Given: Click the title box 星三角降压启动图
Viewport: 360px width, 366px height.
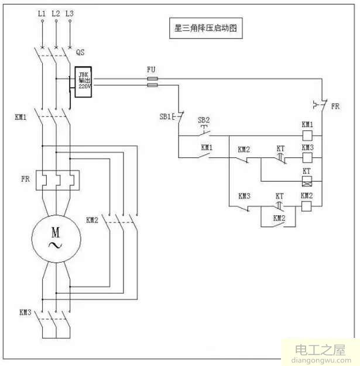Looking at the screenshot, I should [x=204, y=27].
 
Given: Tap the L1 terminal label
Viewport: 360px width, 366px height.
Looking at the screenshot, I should [x=42, y=12].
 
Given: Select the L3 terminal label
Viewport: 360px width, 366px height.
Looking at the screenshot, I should [x=70, y=12].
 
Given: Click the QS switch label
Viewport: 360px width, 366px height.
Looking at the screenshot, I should [x=81, y=52].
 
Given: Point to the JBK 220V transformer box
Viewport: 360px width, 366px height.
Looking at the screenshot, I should [x=81, y=81].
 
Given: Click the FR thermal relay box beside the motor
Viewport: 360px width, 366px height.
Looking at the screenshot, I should [x=56, y=178].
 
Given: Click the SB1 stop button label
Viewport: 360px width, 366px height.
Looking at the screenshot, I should [x=165, y=116].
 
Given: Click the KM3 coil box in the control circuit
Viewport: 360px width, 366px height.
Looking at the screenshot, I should [x=307, y=158].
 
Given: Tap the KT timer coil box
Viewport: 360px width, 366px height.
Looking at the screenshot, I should [x=307, y=181].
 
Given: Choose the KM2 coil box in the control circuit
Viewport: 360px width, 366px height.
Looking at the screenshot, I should [x=307, y=205].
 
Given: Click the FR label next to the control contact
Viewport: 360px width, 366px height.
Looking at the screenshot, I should [x=335, y=107].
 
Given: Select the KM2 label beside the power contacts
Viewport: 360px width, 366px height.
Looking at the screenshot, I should [x=92, y=220].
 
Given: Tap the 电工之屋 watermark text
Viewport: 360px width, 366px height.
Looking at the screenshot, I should [x=314, y=351].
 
